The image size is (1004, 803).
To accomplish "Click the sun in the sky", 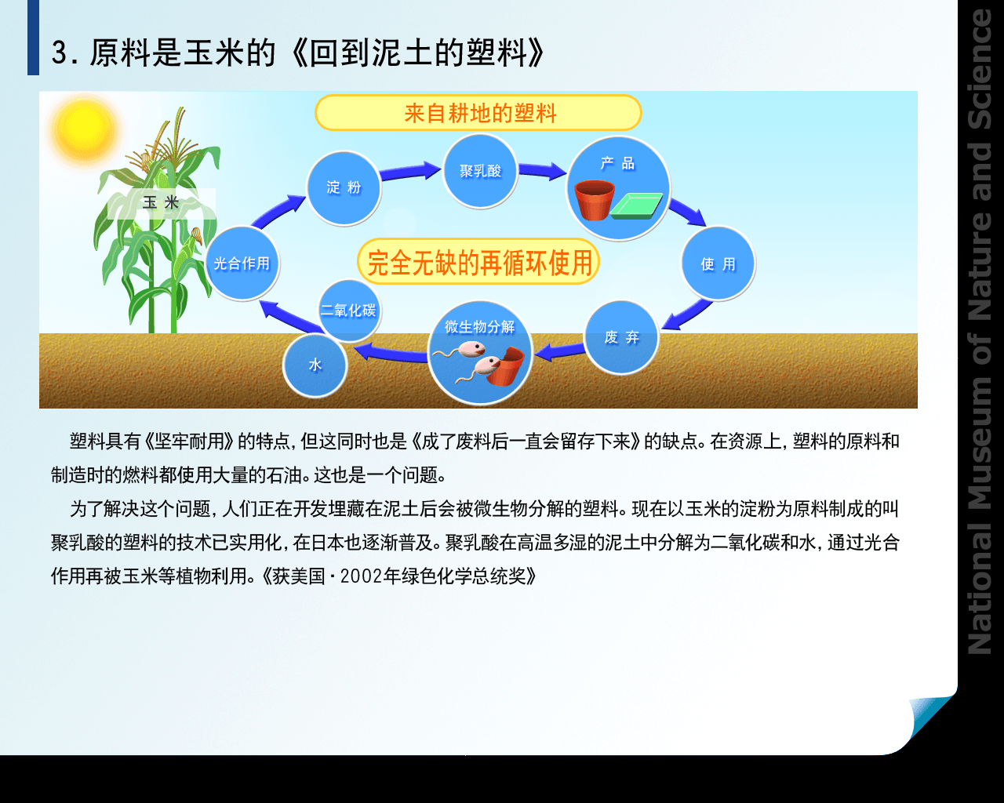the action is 85,131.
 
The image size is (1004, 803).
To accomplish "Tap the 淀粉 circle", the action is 344,188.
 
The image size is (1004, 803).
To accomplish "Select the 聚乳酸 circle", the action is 480,171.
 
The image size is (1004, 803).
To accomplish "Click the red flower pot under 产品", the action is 595,200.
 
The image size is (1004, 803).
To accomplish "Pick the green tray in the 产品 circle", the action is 636,205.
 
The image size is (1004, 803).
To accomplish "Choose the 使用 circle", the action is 718,263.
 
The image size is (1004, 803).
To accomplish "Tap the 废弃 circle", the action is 621,337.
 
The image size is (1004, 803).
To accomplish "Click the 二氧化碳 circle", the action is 349,310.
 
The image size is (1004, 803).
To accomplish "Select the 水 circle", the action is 315,365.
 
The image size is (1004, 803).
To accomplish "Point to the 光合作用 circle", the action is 242,263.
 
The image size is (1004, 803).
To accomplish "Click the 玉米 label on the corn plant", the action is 162,203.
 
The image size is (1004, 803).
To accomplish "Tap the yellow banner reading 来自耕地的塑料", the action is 478,113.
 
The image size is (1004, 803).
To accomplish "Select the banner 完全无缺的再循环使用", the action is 478,262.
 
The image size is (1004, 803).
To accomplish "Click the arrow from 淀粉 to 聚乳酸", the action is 410,171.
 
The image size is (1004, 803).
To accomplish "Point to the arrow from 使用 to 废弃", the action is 687,315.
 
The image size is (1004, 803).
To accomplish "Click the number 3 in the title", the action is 60,53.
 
